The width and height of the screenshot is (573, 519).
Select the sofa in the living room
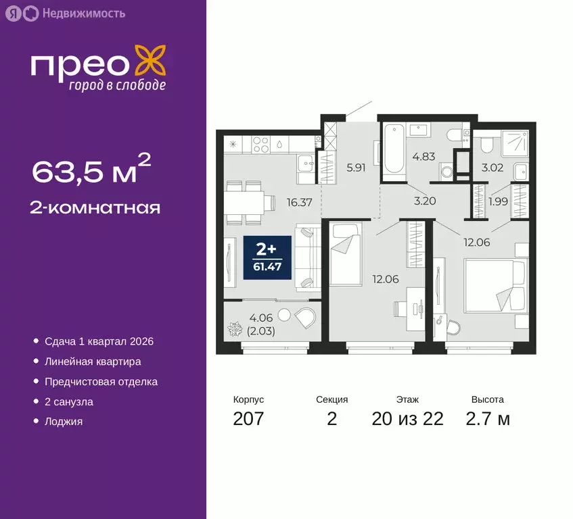click(x=308, y=259)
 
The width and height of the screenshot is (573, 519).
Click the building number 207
click(x=248, y=419)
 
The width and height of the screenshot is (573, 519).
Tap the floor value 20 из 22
click(x=407, y=419)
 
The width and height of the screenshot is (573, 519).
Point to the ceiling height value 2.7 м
click(x=488, y=419)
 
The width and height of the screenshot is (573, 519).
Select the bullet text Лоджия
click(x=64, y=422)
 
